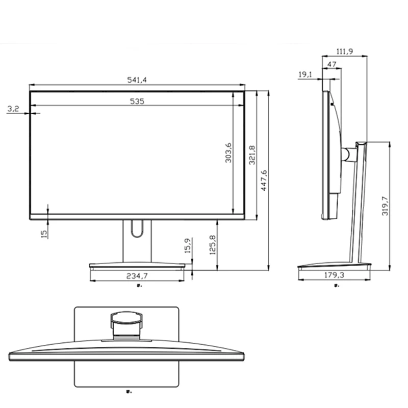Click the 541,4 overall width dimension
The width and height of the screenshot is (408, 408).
[137, 80]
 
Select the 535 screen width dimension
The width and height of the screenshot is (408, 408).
[137, 101]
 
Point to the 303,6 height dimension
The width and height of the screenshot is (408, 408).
[228, 153]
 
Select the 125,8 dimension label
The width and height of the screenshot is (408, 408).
[212, 245]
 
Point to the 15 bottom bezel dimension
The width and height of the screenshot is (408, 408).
[44, 233]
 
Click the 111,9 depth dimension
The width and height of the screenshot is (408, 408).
[345, 51]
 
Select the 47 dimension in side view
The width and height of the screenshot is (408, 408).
[331, 64]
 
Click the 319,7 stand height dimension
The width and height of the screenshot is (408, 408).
[385, 206]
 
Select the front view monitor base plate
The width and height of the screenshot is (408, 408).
[137, 265]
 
